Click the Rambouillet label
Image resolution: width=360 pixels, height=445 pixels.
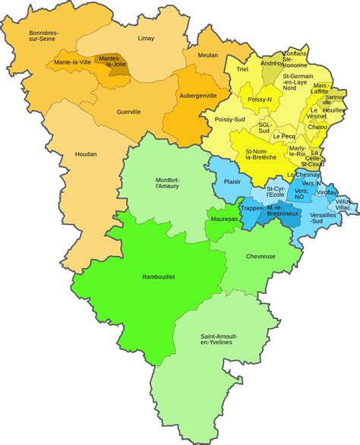(x=159, y=277)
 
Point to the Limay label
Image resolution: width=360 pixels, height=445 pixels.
(x=146, y=38)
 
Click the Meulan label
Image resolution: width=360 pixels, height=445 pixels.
(x=207, y=55)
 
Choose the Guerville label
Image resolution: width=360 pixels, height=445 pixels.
(x=128, y=112)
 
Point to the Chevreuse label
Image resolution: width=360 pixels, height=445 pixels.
(x=261, y=256)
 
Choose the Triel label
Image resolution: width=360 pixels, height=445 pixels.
(x=242, y=69)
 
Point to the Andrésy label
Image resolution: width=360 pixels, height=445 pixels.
(x=271, y=64)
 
